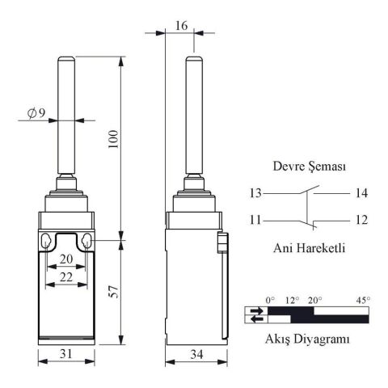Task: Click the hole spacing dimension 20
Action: (x=66, y=259)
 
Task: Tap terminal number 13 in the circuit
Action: (x=256, y=193)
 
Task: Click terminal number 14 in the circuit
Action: (x=361, y=193)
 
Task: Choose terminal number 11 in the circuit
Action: (x=256, y=220)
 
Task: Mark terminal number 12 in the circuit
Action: (x=361, y=220)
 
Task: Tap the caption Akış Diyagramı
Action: (x=308, y=340)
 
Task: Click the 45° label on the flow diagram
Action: (x=362, y=300)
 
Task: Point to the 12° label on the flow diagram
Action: (x=290, y=300)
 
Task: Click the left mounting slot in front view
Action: (x=48, y=241)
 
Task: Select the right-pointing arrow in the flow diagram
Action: (x=256, y=310)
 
